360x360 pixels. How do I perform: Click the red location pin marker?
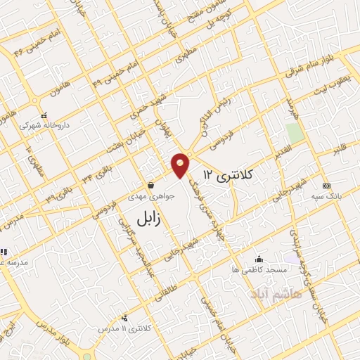point(181,165)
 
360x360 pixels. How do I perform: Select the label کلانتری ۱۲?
point(227,173)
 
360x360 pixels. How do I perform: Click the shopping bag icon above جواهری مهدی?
point(150,186)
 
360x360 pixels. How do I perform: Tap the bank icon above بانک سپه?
point(325,185)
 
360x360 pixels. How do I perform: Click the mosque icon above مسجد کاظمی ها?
point(260,258)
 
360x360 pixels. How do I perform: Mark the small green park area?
point(295,132)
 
